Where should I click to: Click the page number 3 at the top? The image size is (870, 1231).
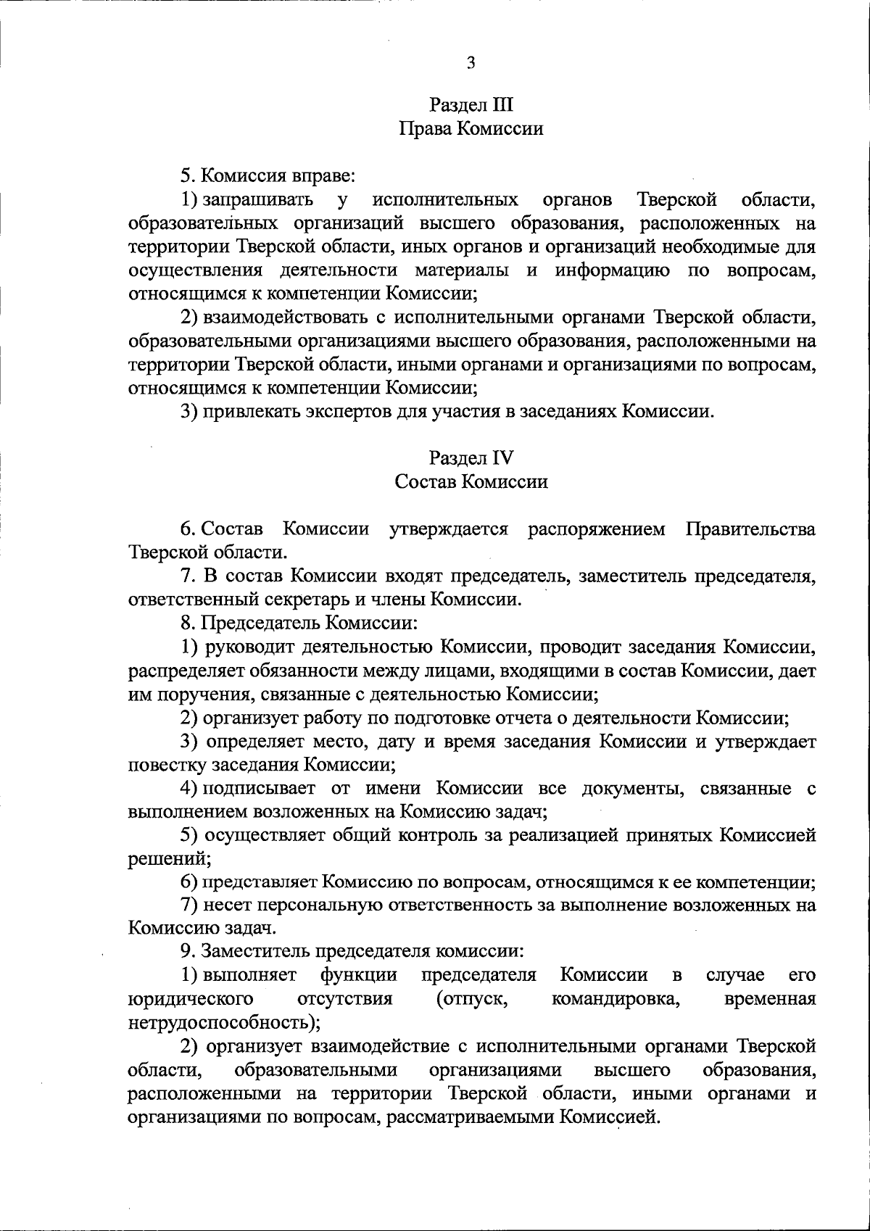click(x=471, y=62)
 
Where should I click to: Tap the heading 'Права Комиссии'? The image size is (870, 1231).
click(x=471, y=129)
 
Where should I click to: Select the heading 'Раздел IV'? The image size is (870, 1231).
click(x=471, y=457)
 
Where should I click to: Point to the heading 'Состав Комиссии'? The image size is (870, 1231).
click(x=471, y=481)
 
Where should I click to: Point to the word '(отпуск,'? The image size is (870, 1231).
click(x=471, y=999)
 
